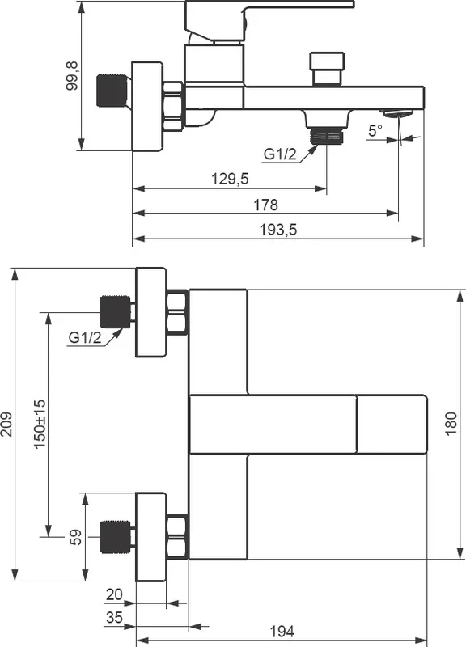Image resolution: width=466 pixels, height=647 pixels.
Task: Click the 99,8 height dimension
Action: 72,75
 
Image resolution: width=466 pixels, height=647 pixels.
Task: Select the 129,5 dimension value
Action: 230,179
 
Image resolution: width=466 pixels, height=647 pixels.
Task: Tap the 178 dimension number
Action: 266,205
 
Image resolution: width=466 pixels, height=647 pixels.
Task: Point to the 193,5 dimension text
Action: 278,230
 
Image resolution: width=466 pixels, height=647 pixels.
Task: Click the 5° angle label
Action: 375,131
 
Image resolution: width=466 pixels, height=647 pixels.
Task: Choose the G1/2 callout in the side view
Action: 280,154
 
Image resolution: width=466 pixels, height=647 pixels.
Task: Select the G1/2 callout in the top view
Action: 85,337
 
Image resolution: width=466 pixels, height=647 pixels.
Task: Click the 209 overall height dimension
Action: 7,424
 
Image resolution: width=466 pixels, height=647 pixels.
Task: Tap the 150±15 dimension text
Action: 40,424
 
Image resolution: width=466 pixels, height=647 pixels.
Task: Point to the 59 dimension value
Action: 75,537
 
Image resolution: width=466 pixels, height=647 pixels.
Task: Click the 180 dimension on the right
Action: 451,423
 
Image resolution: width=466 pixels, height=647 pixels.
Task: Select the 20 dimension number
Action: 114,594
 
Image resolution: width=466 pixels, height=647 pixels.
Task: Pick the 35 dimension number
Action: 114,617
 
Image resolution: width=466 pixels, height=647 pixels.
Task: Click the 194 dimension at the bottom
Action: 282,631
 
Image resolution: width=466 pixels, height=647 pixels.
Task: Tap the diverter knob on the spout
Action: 327,69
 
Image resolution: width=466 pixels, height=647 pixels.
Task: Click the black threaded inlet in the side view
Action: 112,90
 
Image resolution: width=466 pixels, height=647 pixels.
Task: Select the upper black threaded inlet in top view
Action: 115,312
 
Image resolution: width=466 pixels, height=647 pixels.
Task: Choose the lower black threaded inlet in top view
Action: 115,537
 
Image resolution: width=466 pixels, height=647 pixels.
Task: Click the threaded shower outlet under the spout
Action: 327,135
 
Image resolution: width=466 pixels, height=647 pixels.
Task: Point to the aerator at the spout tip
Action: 397,113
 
